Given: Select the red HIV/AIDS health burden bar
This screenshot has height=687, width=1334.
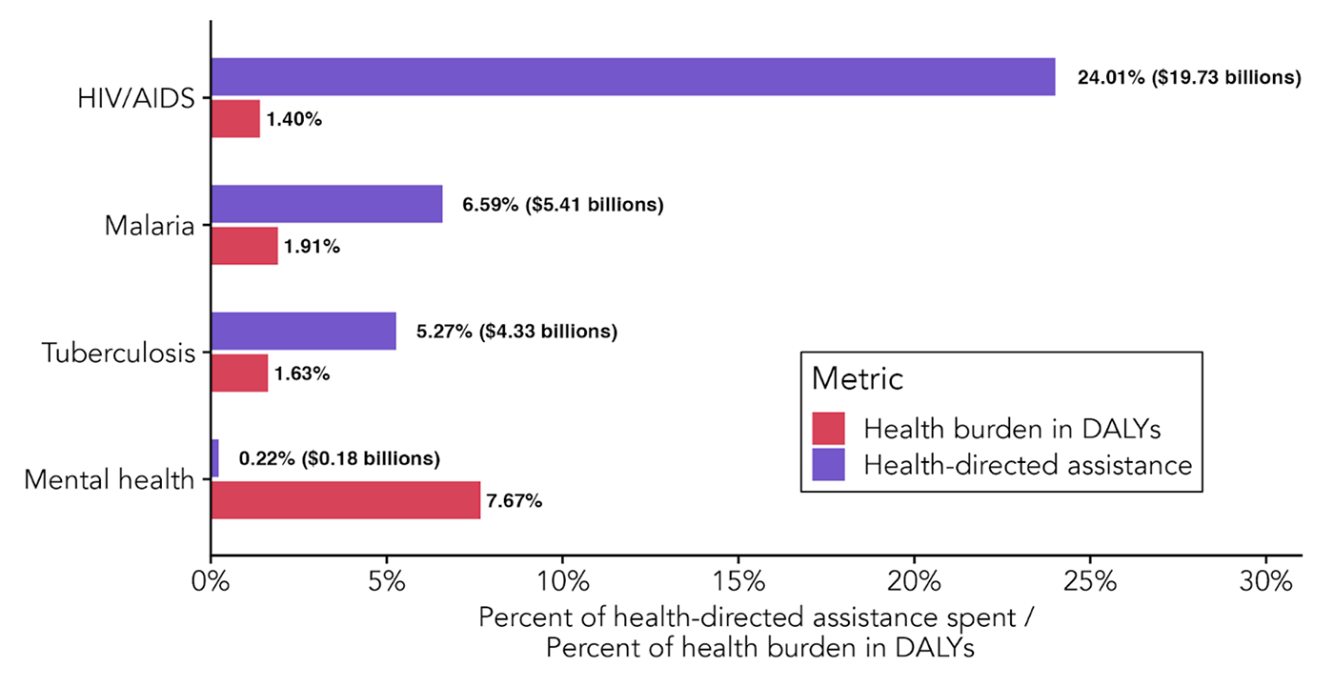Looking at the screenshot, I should [235, 118].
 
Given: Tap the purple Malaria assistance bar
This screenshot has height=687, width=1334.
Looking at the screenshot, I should [327, 204].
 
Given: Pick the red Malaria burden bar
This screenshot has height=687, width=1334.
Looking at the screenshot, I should [245, 246].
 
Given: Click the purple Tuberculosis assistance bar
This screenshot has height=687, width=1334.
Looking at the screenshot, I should [303, 331].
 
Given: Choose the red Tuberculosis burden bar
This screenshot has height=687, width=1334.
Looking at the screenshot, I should [239, 373].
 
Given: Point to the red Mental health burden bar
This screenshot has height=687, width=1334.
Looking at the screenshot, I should [345, 499].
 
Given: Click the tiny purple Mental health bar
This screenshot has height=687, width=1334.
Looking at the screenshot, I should [215, 458].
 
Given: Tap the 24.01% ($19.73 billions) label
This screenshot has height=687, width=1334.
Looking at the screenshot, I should [1188, 77].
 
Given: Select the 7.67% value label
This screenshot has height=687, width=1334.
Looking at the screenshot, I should [514, 500].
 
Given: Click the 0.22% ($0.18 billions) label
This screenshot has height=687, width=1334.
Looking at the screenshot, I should [339, 458].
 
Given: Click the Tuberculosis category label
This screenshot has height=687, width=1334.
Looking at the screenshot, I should [119, 353].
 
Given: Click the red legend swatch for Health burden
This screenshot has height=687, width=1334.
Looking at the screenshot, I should [829, 429].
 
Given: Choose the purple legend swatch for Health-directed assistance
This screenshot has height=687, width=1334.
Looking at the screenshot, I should [829, 464].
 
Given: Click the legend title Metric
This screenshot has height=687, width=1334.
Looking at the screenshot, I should [857, 378].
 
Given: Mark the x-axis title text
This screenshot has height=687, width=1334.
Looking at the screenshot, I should [757, 631].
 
